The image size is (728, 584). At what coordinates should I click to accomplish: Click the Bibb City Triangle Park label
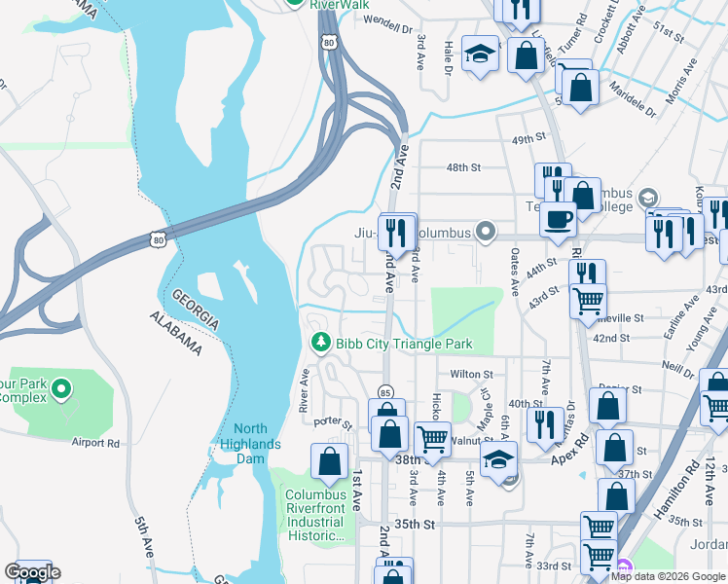click(x=404, y=343)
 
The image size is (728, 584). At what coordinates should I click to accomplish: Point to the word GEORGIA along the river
click(x=195, y=310)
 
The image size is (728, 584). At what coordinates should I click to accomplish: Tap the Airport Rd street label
click(x=94, y=442)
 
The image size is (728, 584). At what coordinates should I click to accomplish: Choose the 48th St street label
click(x=463, y=167)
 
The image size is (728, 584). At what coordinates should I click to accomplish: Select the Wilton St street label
click(x=471, y=374)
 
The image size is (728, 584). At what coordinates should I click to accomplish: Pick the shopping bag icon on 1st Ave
click(x=330, y=461)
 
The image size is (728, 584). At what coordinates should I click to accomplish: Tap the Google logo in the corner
click(x=31, y=572)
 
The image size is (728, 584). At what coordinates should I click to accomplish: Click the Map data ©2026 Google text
click(x=668, y=576)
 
